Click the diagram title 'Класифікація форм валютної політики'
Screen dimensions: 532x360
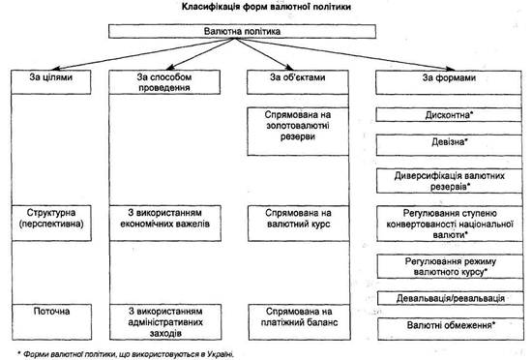pyautogui.click(x=266, y=7)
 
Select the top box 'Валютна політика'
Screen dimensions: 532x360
pyautogui.click(x=242, y=31)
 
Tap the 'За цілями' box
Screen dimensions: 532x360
pyautogui.click(x=51, y=81)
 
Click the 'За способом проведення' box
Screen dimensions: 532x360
pyautogui.click(x=164, y=81)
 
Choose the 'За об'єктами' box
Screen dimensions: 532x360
pyautogui.click(x=298, y=81)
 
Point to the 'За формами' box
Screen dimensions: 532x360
pyautogui.click(x=449, y=82)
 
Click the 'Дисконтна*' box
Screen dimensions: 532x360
pyautogui.click(x=449, y=115)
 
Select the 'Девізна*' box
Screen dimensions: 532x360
pyautogui.click(x=449, y=145)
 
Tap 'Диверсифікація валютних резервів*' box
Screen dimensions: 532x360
pyautogui.click(x=449, y=181)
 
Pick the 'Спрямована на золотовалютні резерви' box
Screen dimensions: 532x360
pyautogui.click(x=298, y=132)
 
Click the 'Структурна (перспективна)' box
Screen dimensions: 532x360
pyautogui.click(x=51, y=223)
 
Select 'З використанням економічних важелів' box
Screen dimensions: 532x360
pyautogui.click(x=165, y=223)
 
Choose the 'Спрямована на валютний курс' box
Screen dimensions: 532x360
pyautogui.click(x=298, y=224)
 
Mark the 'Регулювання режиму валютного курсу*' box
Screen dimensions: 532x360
pyautogui.click(x=450, y=266)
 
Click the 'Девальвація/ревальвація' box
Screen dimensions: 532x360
pyautogui.click(x=450, y=298)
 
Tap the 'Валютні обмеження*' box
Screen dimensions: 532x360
pyautogui.click(x=451, y=329)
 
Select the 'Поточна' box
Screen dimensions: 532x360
pyautogui.click(x=52, y=321)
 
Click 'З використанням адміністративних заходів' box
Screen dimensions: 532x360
pyautogui.click(x=165, y=321)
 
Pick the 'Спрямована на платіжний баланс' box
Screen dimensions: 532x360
pyautogui.click(x=299, y=321)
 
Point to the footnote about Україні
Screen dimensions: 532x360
pyautogui.click(x=126, y=354)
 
